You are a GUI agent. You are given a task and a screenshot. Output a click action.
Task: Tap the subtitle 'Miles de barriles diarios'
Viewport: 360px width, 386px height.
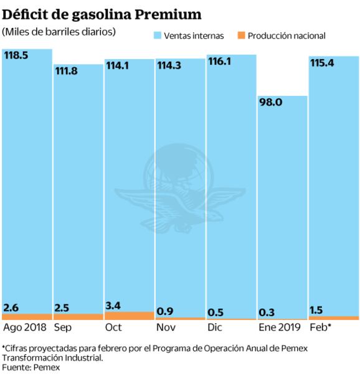59,31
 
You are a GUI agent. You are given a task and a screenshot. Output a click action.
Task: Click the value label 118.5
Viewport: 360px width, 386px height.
16,55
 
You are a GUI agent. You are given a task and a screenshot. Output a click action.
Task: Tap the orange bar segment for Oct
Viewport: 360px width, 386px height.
128,316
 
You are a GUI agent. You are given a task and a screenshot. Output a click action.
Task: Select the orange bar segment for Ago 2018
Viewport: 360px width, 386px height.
27,316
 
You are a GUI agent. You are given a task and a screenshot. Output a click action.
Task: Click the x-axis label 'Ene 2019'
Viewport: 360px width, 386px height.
279,327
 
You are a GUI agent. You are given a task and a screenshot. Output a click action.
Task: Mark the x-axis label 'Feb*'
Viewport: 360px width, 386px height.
320,327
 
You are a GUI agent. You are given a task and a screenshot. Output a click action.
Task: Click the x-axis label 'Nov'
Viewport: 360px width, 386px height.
166,327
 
